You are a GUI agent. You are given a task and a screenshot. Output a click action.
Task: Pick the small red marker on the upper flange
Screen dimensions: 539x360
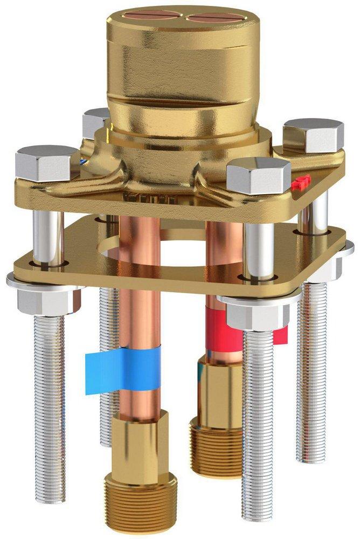(x=302, y=183)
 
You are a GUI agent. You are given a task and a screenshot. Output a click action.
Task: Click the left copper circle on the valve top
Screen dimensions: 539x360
(x=154, y=15)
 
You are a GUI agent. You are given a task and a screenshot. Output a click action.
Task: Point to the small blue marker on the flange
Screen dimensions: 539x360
(x=81, y=160)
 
